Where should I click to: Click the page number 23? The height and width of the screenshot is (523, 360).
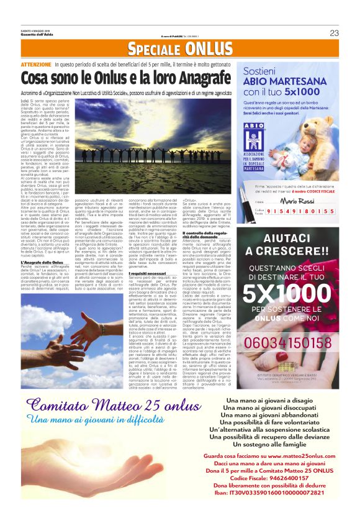coord(334,33)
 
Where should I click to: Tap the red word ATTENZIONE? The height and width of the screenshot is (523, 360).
coord(35,64)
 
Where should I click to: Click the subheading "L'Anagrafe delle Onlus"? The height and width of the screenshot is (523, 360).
coord(42,263)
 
